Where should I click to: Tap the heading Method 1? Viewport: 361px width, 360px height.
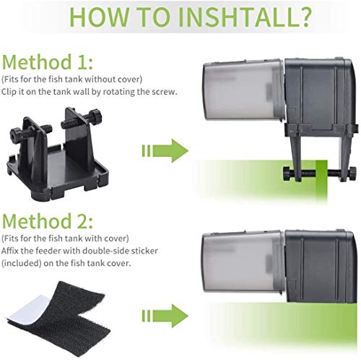point(48,62)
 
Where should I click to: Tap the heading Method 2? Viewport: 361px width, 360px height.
point(48,221)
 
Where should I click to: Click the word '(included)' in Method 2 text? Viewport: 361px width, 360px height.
point(22,263)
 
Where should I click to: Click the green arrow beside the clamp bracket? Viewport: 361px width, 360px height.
point(165,150)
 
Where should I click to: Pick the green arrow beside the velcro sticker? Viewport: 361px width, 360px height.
point(165,316)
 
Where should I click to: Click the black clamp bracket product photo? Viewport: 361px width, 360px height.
point(58,154)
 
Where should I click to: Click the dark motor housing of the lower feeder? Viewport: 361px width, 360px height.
point(321,266)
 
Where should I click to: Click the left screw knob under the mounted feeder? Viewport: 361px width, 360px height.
point(287,172)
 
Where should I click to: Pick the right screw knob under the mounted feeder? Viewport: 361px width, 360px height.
point(353,172)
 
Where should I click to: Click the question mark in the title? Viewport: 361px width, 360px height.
point(303,17)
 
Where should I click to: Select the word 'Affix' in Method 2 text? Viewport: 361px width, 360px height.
point(9,251)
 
